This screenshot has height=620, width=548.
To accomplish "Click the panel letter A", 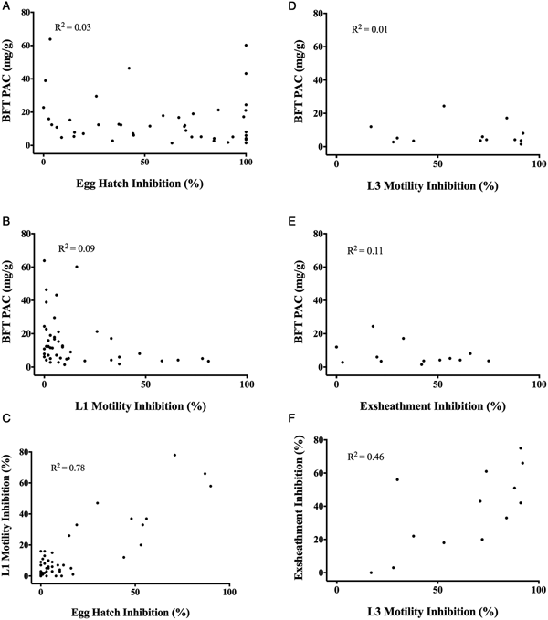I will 7,6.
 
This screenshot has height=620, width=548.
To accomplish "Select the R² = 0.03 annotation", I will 74,28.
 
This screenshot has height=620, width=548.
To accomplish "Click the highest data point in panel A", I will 50,39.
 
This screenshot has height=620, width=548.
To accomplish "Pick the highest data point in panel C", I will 174,455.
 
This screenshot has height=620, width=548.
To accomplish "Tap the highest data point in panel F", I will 521,448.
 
